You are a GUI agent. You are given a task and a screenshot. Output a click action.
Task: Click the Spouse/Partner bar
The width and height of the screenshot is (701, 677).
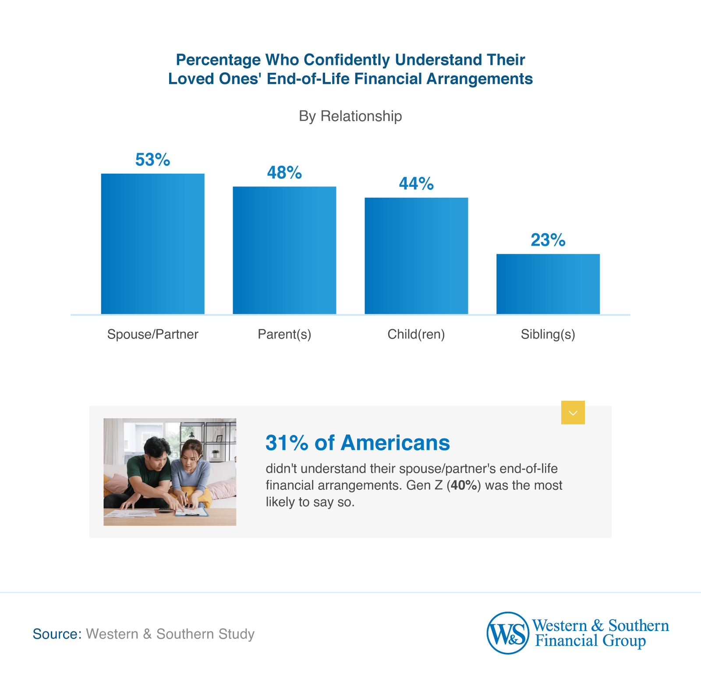[152, 244]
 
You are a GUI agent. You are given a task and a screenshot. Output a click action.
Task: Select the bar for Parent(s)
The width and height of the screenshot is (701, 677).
[284, 250]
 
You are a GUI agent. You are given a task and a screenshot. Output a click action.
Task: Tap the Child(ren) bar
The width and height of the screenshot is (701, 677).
[416, 256]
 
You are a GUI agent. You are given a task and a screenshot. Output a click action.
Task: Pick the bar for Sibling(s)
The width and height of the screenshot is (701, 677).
[548, 284]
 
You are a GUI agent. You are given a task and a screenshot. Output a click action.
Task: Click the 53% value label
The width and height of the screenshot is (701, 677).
[152, 160]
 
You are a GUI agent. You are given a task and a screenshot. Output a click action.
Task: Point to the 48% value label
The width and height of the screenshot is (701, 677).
[284, 173]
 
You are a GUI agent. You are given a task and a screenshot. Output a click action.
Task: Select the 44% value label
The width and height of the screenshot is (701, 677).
[416, 184]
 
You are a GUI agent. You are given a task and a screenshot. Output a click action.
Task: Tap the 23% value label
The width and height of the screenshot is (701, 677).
[548, 240]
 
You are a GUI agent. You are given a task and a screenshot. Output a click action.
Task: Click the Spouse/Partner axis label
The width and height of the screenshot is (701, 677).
[152, 335]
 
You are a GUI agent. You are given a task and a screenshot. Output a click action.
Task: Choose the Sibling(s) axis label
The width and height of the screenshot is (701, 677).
[548, 335]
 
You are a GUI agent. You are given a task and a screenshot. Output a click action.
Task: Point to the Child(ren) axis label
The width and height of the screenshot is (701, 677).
[416, 335]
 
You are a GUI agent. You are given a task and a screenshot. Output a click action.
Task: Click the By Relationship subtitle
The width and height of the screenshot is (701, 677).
[350, 116]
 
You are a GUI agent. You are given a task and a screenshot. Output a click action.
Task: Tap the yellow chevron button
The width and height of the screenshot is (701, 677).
[573, 413]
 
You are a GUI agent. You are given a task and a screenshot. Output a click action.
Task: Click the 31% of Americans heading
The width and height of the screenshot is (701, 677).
[358, 443]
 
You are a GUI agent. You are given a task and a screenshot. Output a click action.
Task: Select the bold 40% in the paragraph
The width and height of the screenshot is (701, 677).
[464, 485]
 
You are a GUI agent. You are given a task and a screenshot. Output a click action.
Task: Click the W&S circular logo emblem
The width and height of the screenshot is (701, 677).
[508, 633]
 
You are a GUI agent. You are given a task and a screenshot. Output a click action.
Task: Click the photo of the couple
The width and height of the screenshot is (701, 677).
[170, 472]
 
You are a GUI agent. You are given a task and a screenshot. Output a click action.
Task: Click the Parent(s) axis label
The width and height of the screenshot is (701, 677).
[284, 335]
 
